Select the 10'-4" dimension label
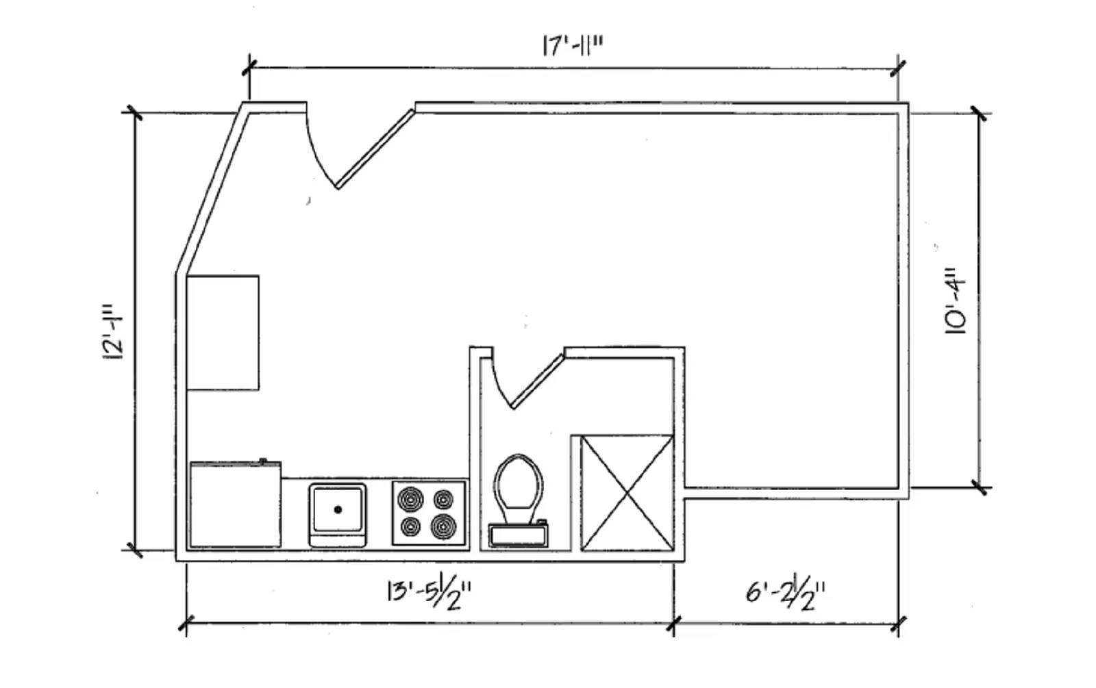coord(955,301)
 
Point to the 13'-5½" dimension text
coord(429,594)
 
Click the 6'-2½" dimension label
coord(785,594)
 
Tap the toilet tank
coord(518,535)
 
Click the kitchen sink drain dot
coord(338,509)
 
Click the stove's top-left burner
coord(410,499)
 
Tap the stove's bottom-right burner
coord(444,526)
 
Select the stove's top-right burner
coord(444,499)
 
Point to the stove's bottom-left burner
coord(410,526)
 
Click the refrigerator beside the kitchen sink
coord(236,504)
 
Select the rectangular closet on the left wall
coord(223,333)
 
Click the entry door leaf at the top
coord(375,149)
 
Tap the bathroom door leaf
coord(537,382)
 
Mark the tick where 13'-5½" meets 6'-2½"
coord(674,624)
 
